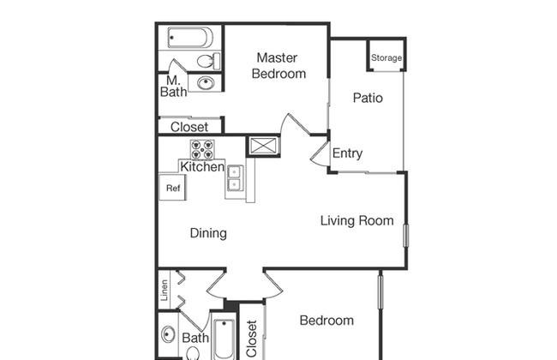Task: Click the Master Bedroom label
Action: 278,66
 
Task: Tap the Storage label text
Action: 386,57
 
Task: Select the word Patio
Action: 368,98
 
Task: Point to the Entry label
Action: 347,153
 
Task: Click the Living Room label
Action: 357,220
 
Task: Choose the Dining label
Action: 208,233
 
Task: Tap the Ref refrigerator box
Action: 172,187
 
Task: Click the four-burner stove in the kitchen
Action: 202,150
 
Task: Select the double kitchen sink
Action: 234,178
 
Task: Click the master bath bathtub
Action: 190,38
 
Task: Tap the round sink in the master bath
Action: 206,83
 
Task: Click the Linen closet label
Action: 165,290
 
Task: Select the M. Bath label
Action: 173,87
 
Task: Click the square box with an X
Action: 263,146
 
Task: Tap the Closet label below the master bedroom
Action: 189,127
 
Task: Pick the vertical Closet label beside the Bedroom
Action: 251,339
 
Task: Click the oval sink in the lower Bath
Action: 168,334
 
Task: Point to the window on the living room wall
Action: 406,235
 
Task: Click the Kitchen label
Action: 202,166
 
